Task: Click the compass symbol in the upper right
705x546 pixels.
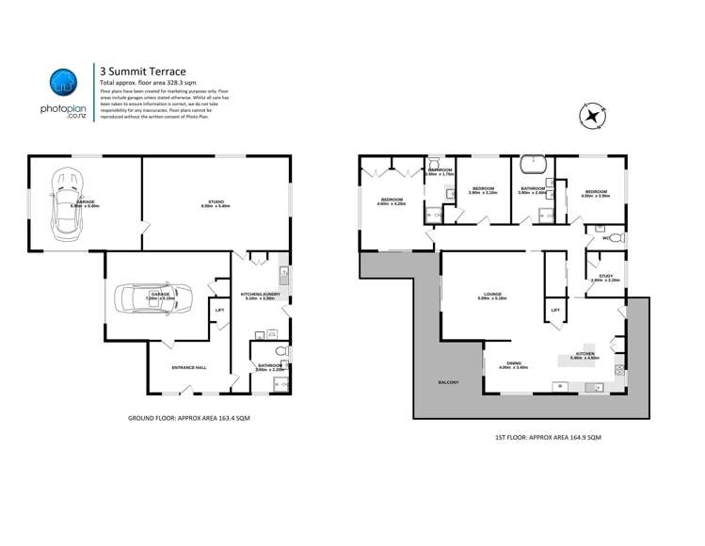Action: (590, 117)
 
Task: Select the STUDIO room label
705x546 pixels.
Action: (216, 202)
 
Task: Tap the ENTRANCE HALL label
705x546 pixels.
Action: (187, 367)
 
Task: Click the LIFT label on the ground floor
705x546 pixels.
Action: (219, 310)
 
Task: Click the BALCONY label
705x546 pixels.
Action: (447, 383)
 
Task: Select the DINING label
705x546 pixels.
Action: (514, 363)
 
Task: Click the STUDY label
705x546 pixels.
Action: (604, 276)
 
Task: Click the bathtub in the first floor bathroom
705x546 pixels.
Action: (534, 164)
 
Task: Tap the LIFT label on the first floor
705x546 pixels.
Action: (555, 310)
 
